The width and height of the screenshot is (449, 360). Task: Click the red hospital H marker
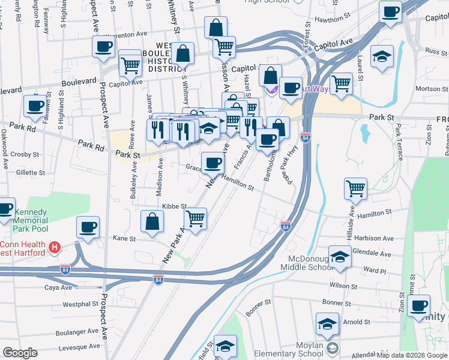[55, 247]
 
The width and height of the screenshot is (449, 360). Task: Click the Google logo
[20, 353]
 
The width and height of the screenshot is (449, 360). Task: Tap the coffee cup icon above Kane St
[88, 227]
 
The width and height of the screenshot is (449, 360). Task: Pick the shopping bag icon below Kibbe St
[152, 221]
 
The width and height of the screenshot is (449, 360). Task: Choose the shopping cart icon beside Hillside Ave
[356, 188]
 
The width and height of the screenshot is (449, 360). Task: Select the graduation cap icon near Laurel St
[382, 57]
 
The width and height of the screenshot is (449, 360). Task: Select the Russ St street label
[432, 51]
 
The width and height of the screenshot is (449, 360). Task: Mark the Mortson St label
[428, 89]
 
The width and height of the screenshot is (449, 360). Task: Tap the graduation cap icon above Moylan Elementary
[327, 324]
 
